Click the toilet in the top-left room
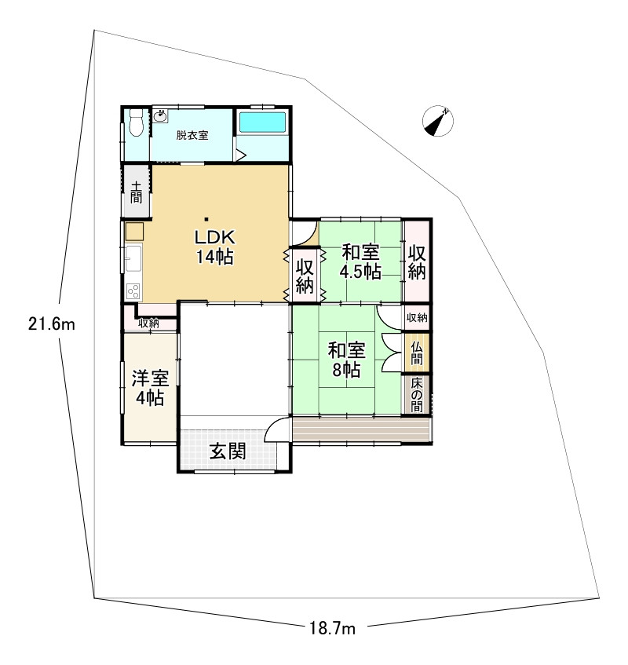[x=136, y=122]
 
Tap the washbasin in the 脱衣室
[x=160, y=116]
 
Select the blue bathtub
[x=262, y=122]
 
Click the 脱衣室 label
[x=192, y=135]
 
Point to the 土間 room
[x=136, y=191]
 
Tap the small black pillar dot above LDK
[x=206, y=219]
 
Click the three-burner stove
[x=133, y=291]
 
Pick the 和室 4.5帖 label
[x=360, y=261]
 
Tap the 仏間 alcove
[x=416, y=353]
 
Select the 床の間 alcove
[x=416, y=394]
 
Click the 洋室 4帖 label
[x=150, y=388]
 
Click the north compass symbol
[x=438, y=121]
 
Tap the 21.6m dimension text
[x=52, y=324]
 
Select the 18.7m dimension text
[x=332, y=628]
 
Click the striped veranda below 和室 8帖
[x=362, y=429]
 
